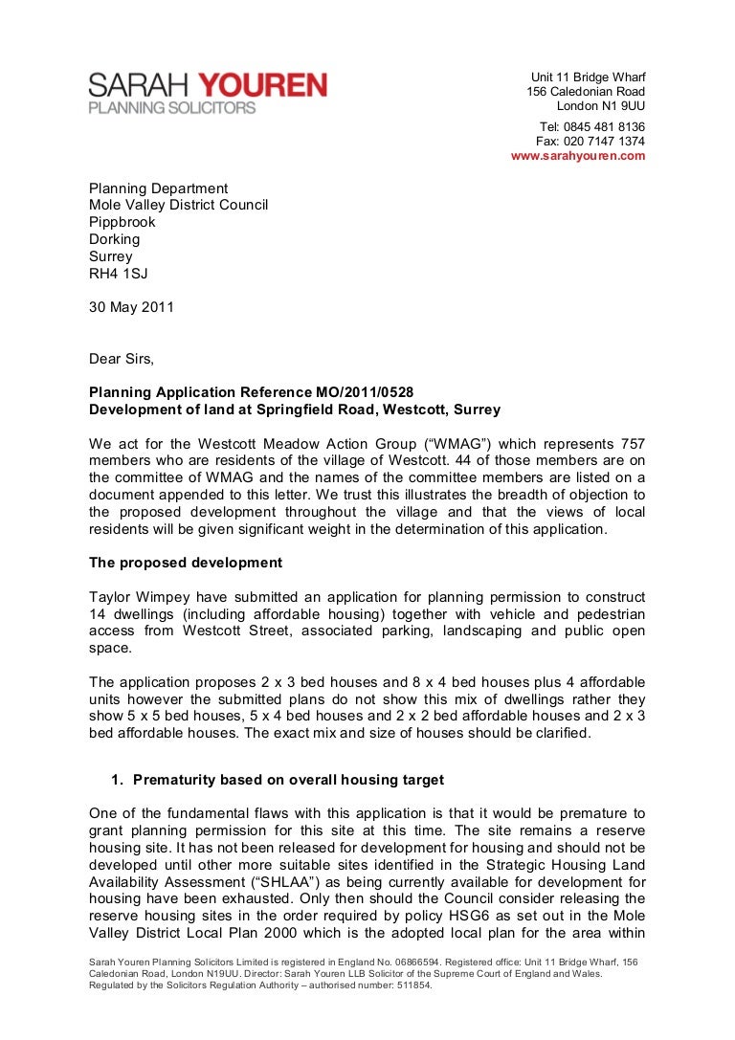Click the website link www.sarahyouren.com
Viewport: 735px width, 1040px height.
click(x=578, y=156)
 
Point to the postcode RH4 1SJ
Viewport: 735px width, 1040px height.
click(x=119, y=274)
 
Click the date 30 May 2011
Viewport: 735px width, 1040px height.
click(x=132, y=308)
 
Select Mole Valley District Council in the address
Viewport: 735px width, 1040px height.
click(x=178, y=205)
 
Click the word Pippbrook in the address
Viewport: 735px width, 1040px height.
click(x=122, y=222)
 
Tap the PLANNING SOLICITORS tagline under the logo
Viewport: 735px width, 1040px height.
click(x=172, y=108)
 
